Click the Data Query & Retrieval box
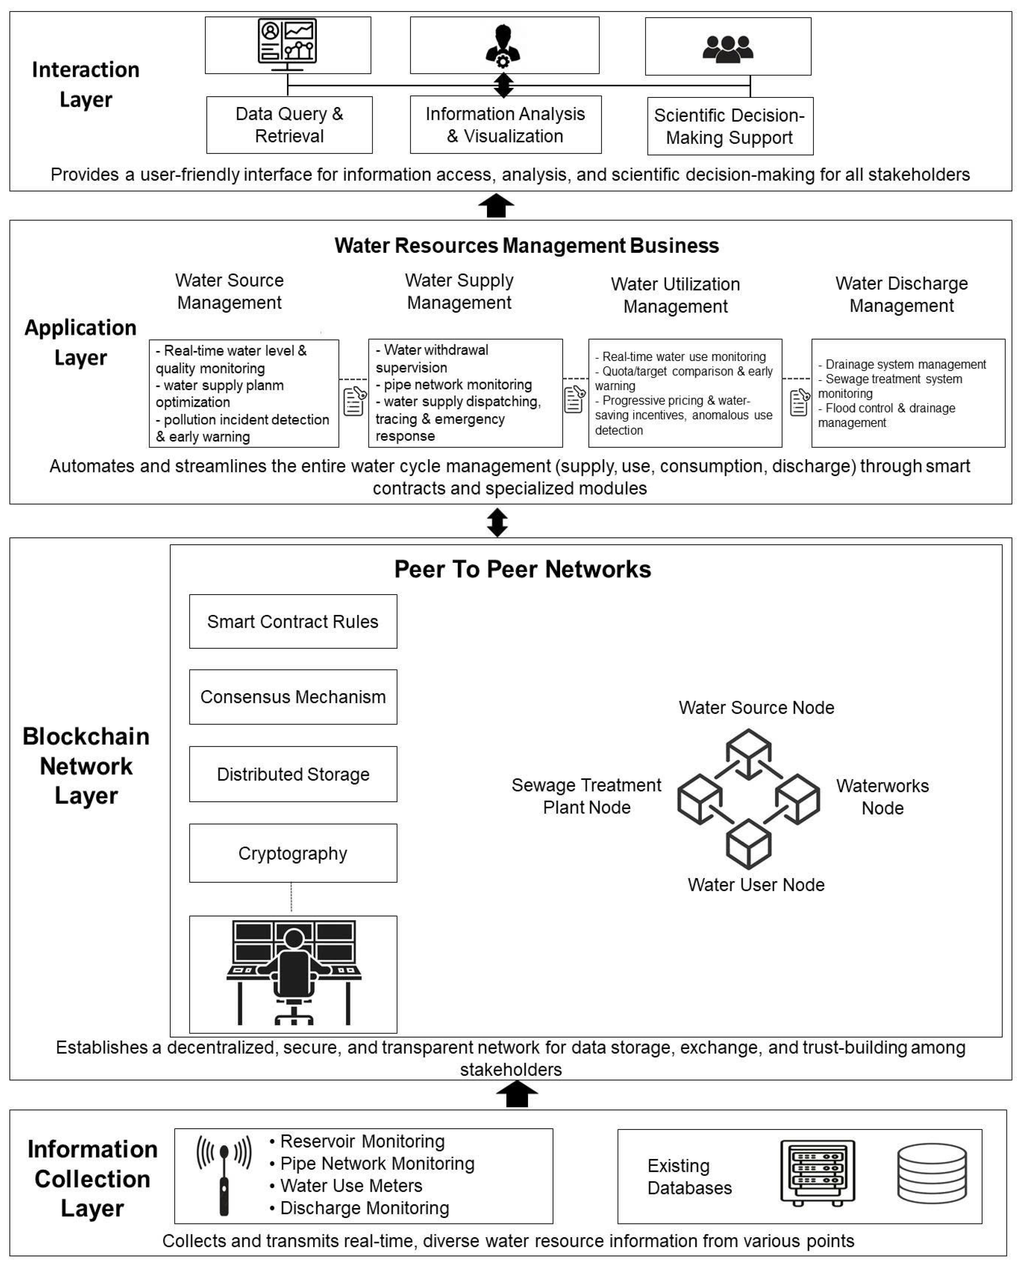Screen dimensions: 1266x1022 tap(289, 125)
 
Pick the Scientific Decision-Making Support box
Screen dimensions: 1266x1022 tap(730, 126)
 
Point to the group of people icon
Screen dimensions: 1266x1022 tap(728, 48)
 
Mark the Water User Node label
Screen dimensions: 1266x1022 tap(756, 884)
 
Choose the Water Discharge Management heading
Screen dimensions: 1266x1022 tap(901, 294)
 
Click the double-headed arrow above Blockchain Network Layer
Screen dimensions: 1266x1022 tap(497, 522)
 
